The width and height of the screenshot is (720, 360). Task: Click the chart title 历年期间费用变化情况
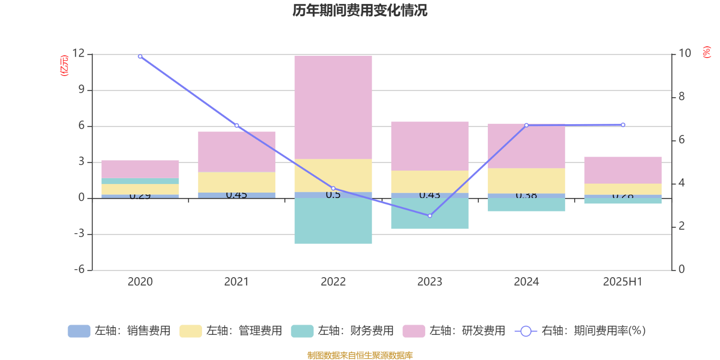tap(360, 10)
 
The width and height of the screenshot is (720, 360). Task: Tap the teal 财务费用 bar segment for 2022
tap(333, 221)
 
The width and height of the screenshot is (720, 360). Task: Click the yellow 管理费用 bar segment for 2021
tap(237, 182)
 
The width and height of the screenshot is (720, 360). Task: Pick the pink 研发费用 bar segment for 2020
tap(140, 169)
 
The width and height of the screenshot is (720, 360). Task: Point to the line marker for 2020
tap(140, 57)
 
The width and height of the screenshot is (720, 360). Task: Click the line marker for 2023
tap(430, 216)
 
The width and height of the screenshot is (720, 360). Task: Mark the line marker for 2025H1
tap(623, 125)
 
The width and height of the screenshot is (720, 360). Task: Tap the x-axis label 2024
tap(526, 282)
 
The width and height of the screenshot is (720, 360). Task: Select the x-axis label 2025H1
tap(622, 282)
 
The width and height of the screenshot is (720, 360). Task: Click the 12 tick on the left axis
tap(78, 54)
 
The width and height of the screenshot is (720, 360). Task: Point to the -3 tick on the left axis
tap(79, 234)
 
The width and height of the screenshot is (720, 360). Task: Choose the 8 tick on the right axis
tap(681, 97)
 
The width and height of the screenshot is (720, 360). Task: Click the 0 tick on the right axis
tap(681, 270)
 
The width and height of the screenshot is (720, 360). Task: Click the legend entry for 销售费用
tap(120, 331)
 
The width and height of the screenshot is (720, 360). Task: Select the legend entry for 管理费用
tap(231, 331)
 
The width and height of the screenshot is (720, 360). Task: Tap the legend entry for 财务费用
tap(343, 331)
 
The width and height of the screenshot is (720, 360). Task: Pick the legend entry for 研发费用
tap(454, 331)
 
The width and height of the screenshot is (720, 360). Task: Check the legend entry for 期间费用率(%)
tap(580, 331)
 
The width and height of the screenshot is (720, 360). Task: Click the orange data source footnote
tap(360, 355)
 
